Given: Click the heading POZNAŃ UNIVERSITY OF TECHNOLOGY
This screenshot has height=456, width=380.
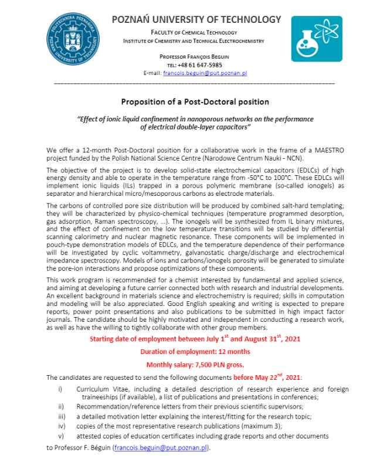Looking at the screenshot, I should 196,20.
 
